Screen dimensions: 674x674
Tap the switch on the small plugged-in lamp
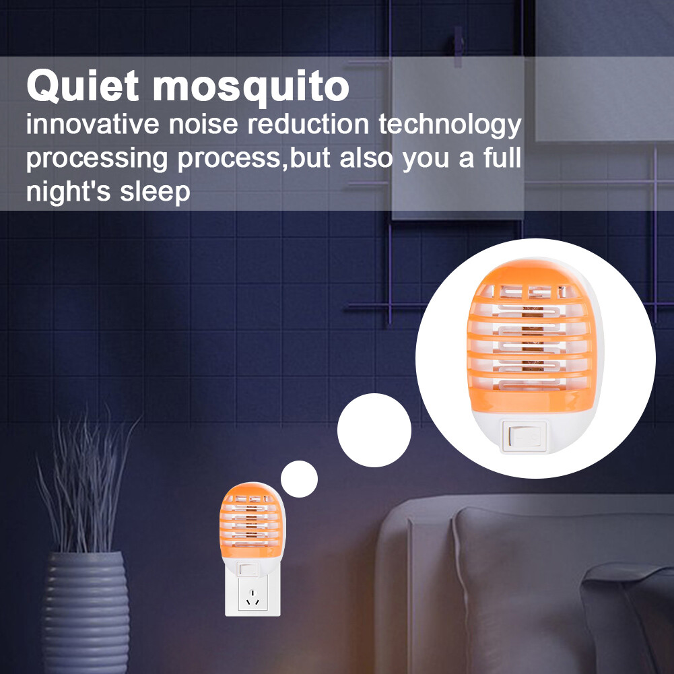pyautogui.click(x=248, y=569)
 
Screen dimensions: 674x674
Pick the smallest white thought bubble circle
pyautogui.click(x=298, y=479)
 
